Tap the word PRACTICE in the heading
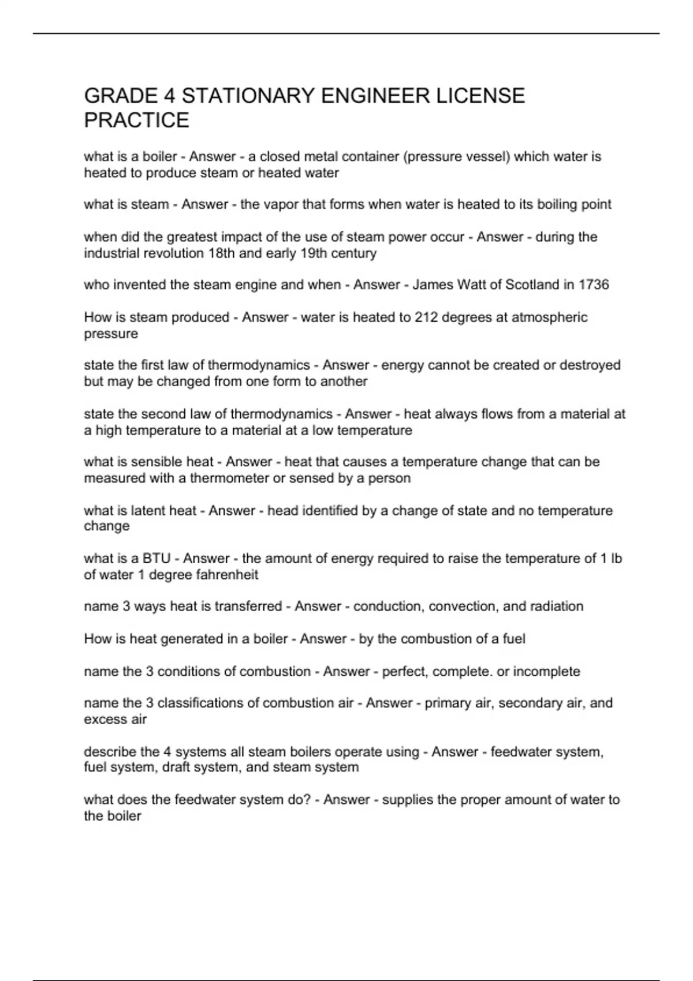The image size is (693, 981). point(136,121)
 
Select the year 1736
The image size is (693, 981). point(593,285)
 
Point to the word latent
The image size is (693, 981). point(150,511)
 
